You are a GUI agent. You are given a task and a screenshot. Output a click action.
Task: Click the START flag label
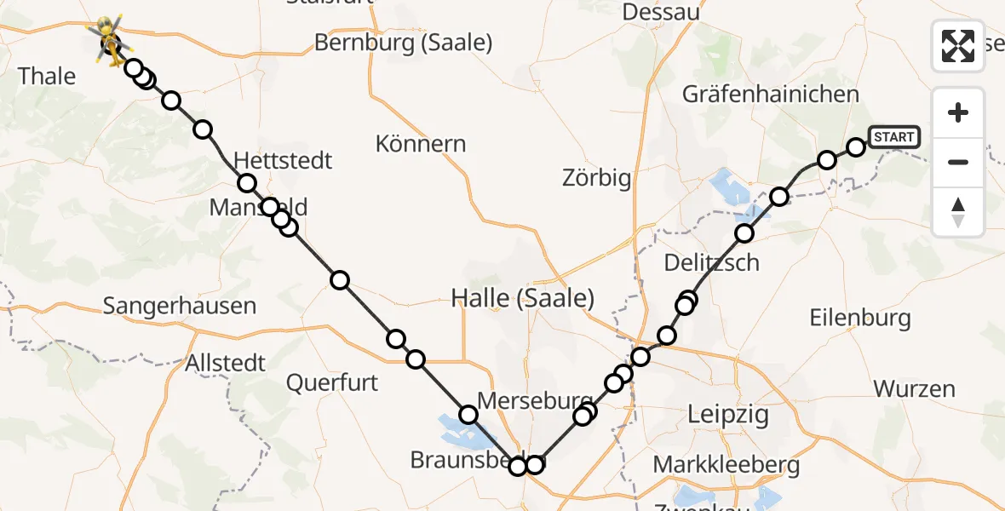[893, 137]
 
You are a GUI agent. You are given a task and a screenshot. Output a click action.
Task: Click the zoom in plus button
[958, 113]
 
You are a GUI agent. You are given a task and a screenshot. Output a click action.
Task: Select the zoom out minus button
[958, 162]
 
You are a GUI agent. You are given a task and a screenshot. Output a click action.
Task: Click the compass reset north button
[958, 211]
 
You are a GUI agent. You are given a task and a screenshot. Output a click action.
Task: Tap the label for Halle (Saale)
[522, 299]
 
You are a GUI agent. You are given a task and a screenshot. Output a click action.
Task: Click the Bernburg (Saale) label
[404, 42]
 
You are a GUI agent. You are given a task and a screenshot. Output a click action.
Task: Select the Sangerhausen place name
[180, 306]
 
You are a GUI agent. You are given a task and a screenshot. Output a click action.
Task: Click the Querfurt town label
[331, 382]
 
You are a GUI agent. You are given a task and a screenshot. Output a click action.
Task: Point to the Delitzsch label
[711, 262]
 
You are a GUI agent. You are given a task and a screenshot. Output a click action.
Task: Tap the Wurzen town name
[914, 389]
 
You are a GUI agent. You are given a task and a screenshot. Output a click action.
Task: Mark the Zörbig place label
[596, 178]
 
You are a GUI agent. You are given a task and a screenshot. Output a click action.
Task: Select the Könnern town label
[421, 143]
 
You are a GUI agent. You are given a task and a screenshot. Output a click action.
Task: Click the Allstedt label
[227, 364]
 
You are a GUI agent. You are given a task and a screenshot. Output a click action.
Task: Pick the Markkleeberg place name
[726, 466]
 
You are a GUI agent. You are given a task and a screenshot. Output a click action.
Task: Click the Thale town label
[47, 76]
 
